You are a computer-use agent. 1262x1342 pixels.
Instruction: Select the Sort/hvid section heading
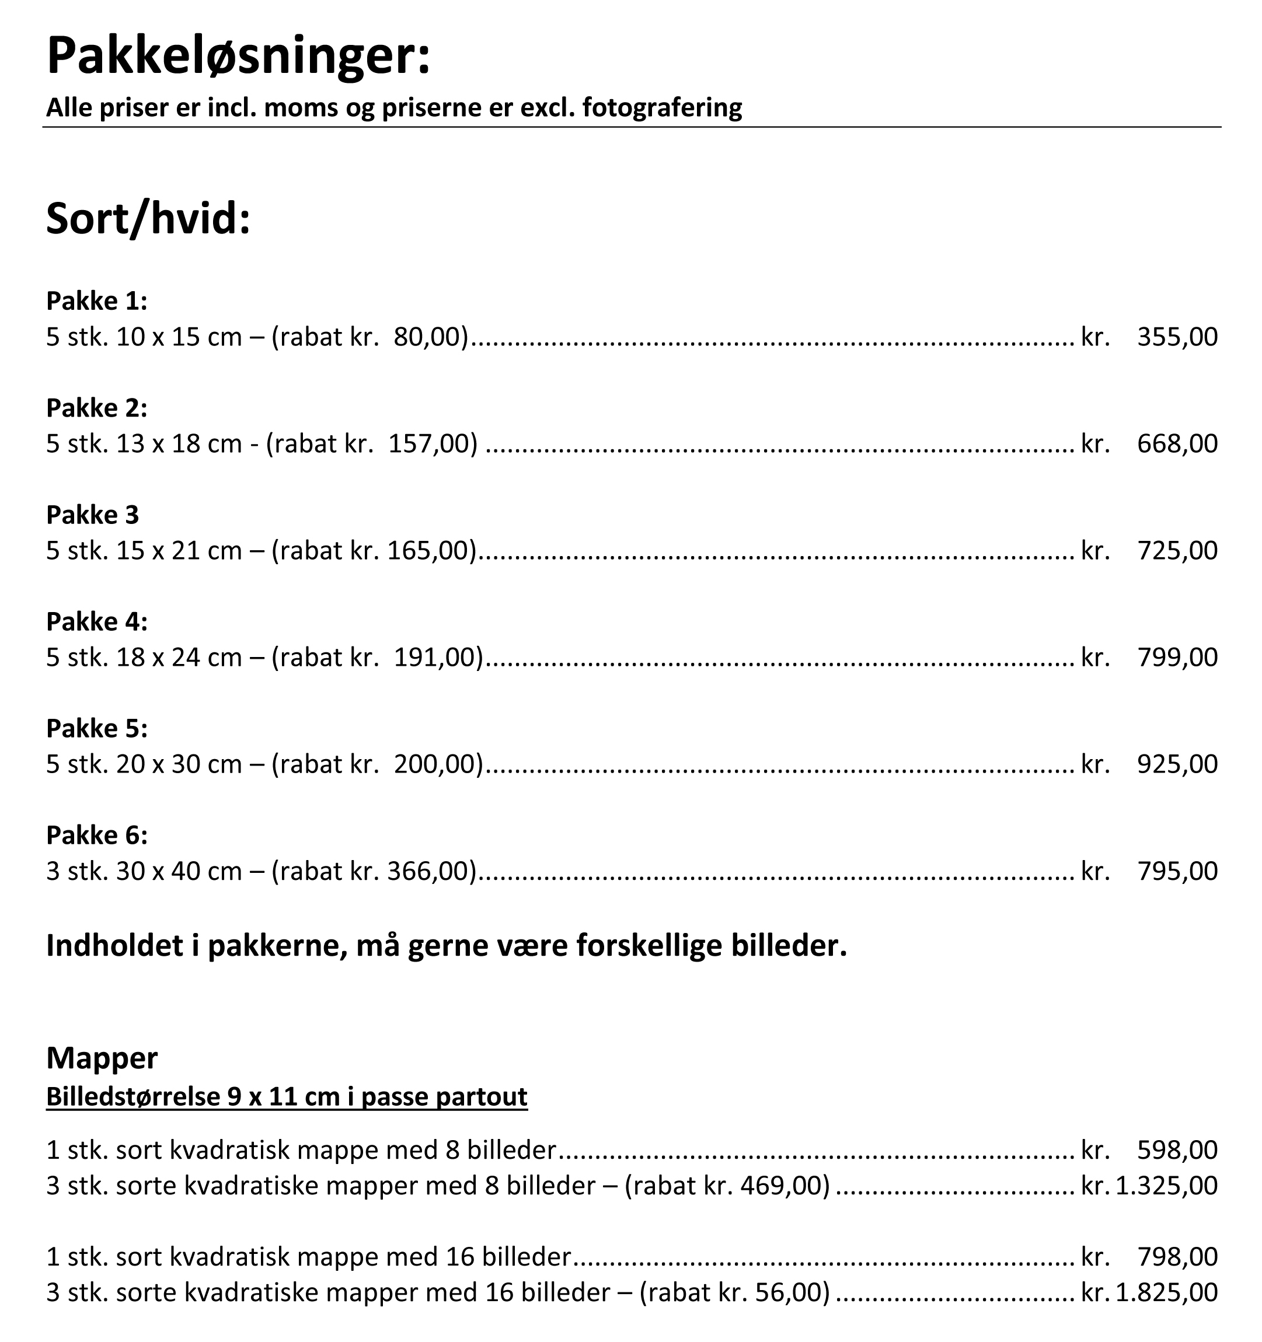point(148,219)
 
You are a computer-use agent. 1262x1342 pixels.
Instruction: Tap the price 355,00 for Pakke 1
point(1177,337)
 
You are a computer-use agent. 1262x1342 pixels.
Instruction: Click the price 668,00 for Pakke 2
point(1177,443)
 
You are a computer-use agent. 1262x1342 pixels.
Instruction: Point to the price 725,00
point(1177,551)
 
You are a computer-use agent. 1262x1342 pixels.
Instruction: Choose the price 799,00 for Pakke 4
point(1177,658)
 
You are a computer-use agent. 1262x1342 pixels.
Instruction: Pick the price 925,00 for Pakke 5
point(1177,764)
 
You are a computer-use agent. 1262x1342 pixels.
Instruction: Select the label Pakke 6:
point(96,836)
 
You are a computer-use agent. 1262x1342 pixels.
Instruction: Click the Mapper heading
point(102,1058)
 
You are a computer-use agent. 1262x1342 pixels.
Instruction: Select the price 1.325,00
point(1166,1186)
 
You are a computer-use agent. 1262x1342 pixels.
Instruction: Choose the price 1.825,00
point(1166,1292)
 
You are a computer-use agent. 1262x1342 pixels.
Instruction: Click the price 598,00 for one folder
point(1177,1149)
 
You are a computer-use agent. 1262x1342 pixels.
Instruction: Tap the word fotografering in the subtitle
point(662,107)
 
